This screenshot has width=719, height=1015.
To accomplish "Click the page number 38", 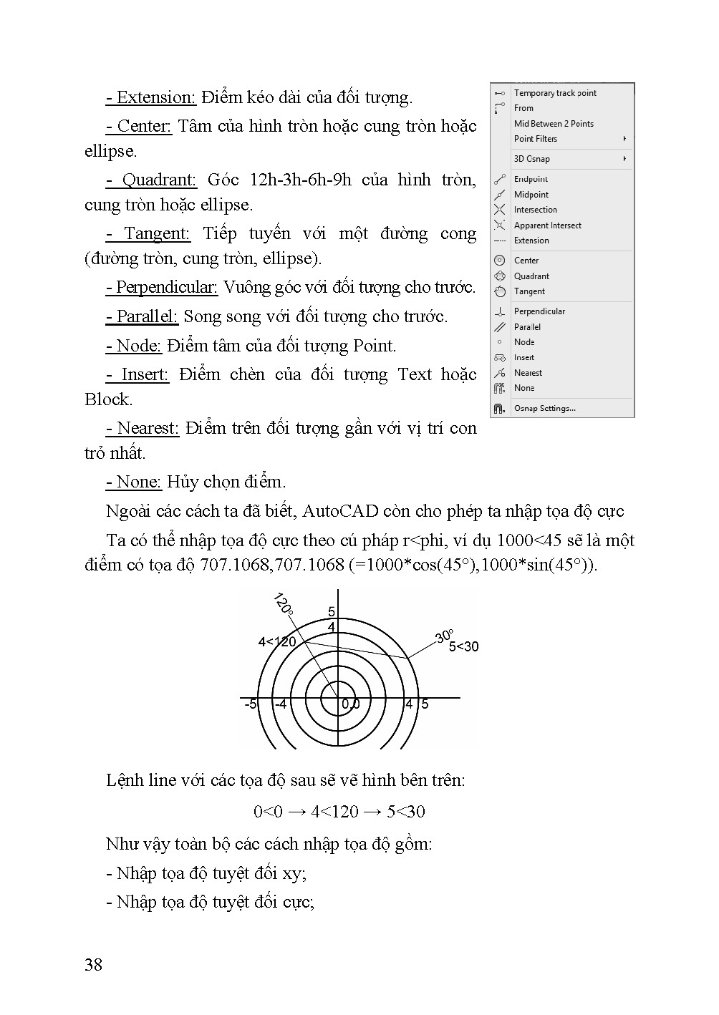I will (x=93, y=965).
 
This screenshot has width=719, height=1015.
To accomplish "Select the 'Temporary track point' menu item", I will (x=555, y=93).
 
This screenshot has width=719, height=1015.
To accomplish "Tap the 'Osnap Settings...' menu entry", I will (x=544, y=409).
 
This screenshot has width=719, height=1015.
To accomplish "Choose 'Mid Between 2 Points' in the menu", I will (x=554, y=124).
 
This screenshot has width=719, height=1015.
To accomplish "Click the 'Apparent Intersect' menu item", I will (x=547, y=225).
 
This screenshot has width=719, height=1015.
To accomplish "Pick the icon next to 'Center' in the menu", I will (x=500, y=261).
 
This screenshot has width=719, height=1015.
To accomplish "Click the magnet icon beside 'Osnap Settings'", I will (x=499, y=409).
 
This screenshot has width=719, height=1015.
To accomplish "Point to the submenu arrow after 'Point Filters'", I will (x=625, y=139).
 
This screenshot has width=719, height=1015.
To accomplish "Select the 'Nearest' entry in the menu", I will (x=528, y=373).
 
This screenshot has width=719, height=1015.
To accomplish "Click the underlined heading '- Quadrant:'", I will (x=150, y=180).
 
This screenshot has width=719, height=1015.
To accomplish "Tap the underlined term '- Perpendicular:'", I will (x=161, y=288).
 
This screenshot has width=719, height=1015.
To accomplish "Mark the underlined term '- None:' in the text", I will (x=133, y=482).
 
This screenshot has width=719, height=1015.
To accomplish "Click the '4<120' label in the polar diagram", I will (x=276, y=642).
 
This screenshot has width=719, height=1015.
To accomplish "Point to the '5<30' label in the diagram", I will (x=463, y=647).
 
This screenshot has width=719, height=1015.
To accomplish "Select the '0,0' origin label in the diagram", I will (x=350, y=704).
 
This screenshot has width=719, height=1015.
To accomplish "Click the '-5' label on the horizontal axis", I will (x=250, y=704).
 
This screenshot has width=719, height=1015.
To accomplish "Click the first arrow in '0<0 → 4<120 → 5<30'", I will (x=299, y=812).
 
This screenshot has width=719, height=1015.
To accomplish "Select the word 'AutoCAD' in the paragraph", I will (x=340, y=511).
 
